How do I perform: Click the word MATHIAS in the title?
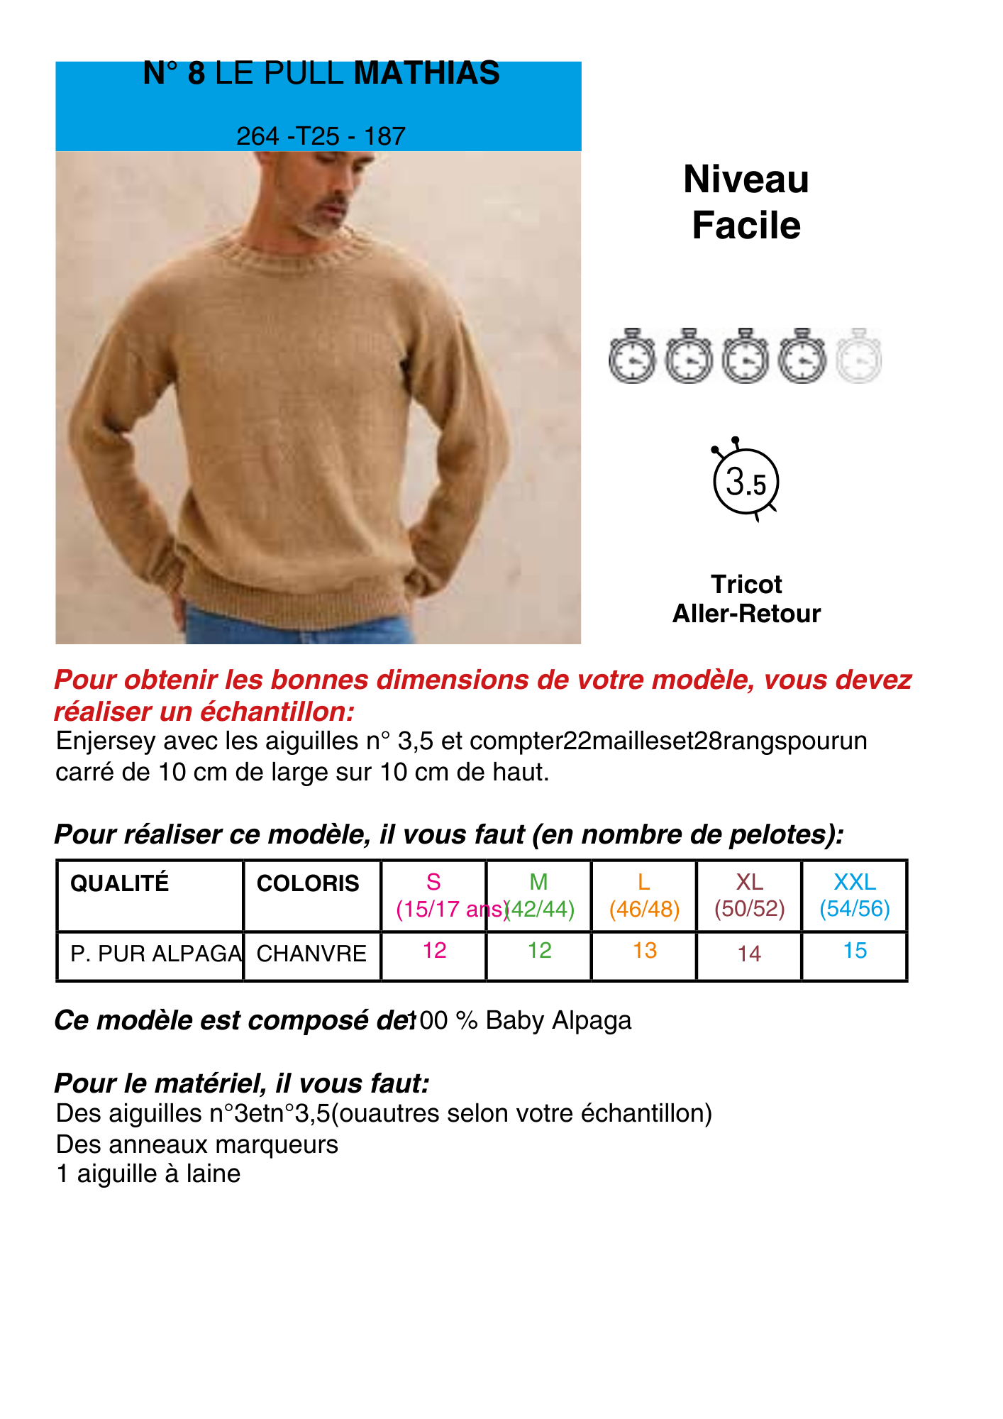point(426,73)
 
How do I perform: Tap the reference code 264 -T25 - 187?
point(321,136)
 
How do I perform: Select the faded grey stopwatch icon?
point(858,355)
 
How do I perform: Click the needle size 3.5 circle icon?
point(746,482)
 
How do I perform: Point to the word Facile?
point(746,226)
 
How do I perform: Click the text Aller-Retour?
point(746,613)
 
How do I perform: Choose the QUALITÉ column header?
point(120,883)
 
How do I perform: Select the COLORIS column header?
point(308,883)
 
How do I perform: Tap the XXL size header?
point(855,882)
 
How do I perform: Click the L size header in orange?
point(644,882)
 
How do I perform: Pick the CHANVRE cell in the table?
point(311,954)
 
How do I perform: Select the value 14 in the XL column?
point(749,954)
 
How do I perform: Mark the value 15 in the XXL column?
point(855,951)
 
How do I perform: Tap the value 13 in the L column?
point(645,951)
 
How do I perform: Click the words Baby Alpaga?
point(558,1020)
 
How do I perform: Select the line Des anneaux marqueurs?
point(197,1144)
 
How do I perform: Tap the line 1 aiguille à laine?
point(148,1174)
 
